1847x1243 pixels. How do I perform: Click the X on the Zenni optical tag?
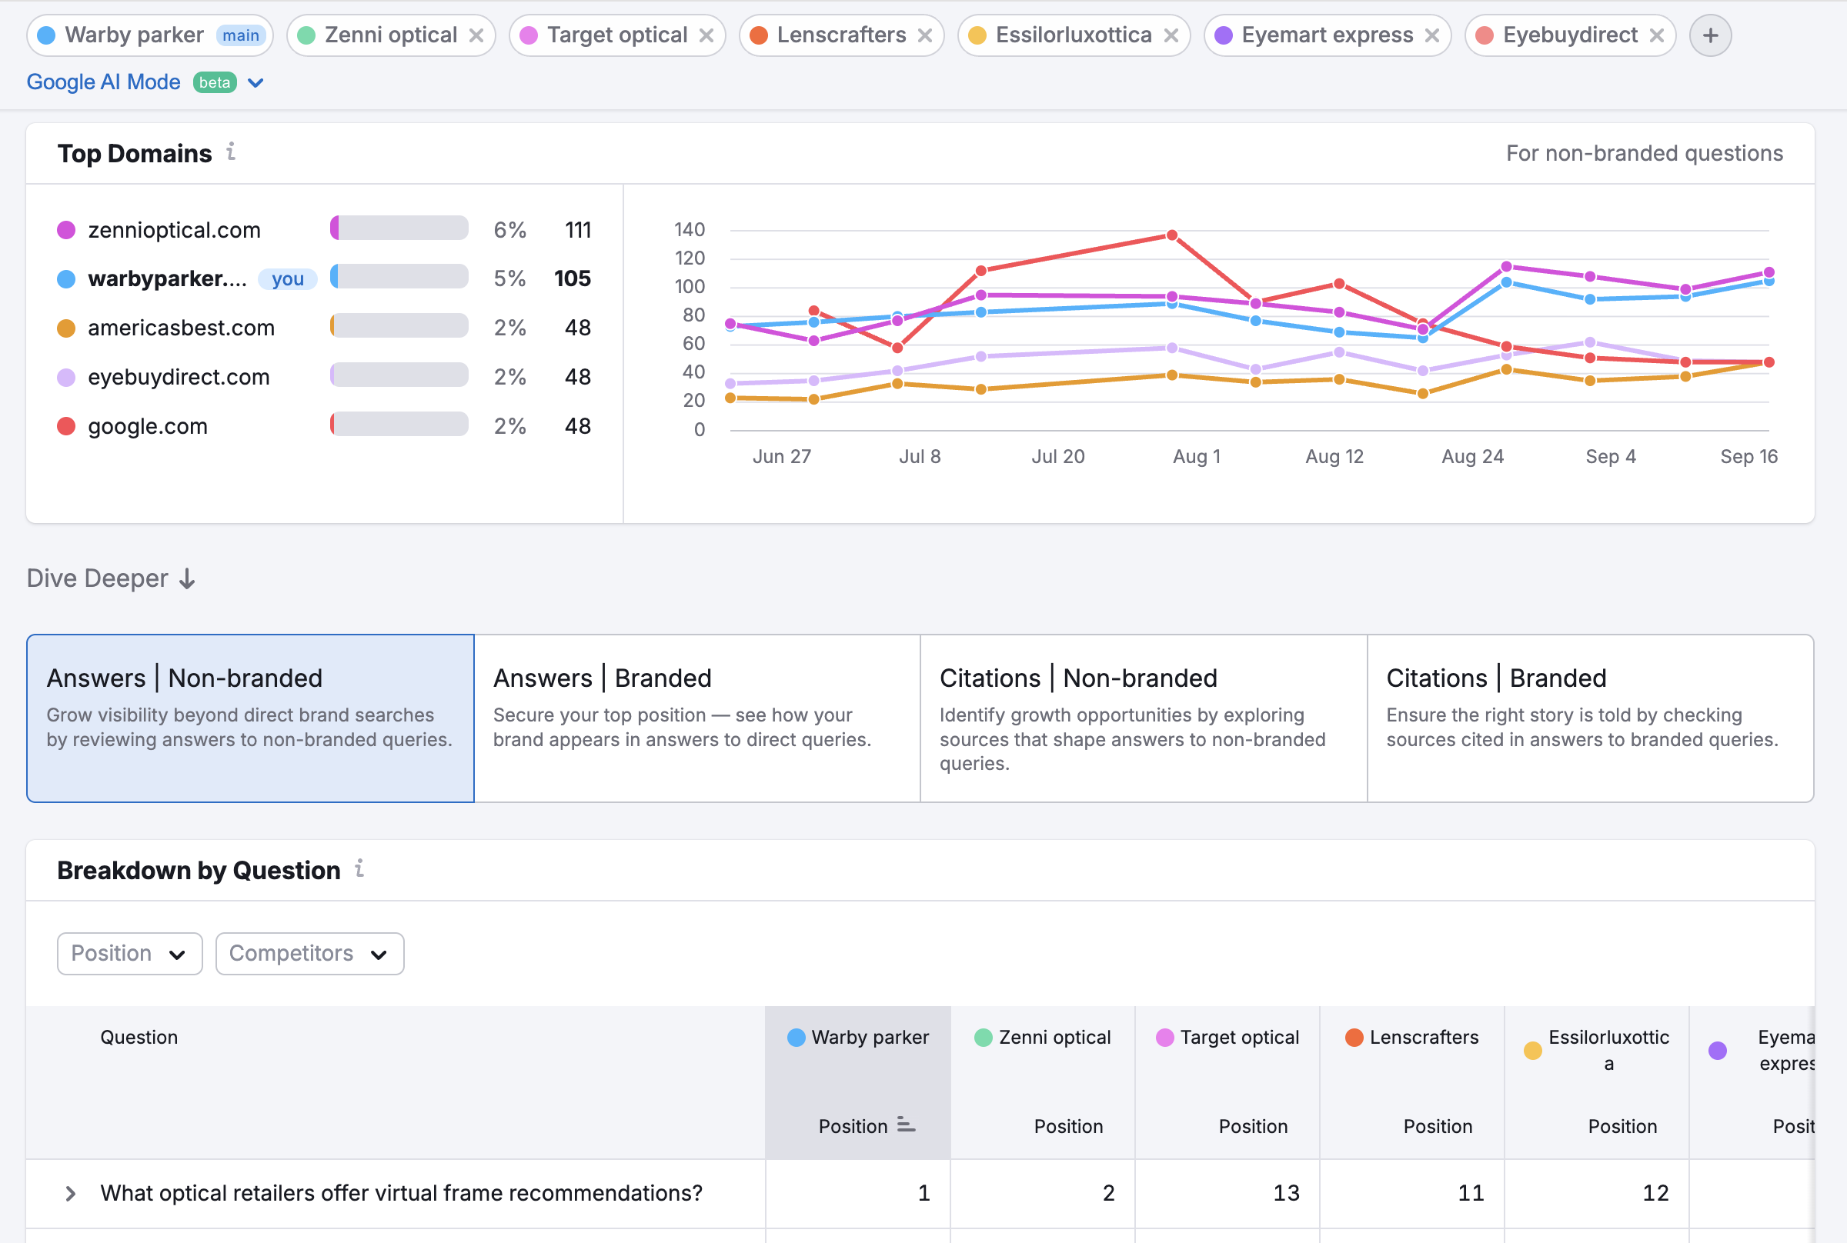(x=476, y=35)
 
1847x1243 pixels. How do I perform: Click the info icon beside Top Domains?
(x=231, y=152)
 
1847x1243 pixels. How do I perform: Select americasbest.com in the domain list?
(x=181, y=328)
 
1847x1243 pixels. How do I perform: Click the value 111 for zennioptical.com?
(x=577, y=230)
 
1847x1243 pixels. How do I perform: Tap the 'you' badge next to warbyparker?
(x=287, y=279)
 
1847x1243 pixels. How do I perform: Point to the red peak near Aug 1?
(x=1171, y=235)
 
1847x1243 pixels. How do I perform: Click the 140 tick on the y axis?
(x=688, y=230)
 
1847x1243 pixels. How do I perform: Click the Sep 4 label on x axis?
(x=1610, y=457)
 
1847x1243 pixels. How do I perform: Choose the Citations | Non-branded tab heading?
(x=1077, y=678)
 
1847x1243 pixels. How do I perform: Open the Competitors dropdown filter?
(x=309, y=954)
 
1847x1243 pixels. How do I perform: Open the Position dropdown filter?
(x=129, y=954)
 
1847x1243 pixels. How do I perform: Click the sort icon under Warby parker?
(x=906, y=1125)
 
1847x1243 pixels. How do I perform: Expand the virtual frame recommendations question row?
(x=70, y=1193)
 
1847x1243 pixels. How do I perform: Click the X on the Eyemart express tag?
(x=1431, y=35)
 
